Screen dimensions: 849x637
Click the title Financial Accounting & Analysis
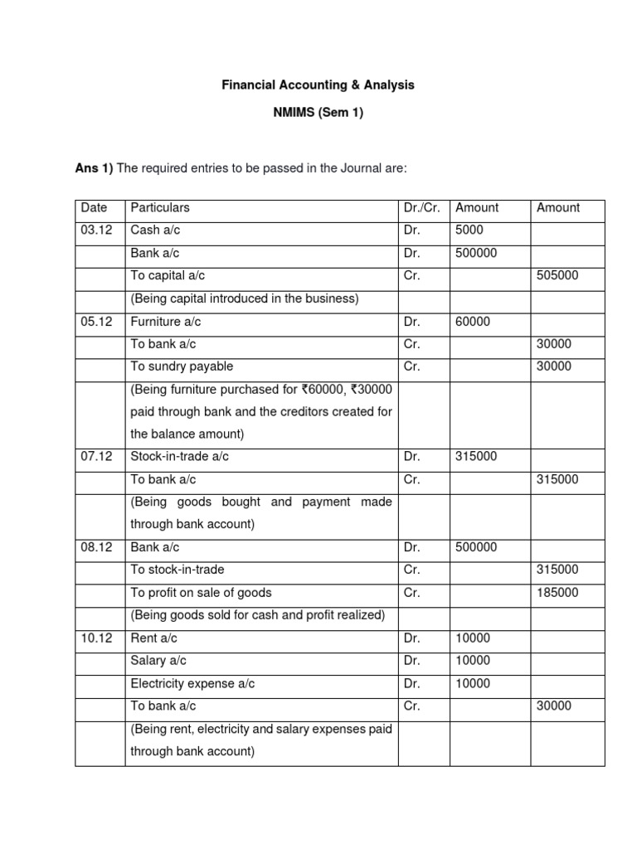point(318,85)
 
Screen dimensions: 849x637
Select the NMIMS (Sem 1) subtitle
point(318,114)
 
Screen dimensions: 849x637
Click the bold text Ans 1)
point(94,168)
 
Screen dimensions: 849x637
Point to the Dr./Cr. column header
point(422,208)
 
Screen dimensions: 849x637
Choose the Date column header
point(94,208)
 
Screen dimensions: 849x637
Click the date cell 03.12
point(96,230)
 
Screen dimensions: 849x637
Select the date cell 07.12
point(96,457)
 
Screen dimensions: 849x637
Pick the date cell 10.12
point(96,638)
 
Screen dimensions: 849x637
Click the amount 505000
point(558,276)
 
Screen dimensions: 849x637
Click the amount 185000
point(558,593)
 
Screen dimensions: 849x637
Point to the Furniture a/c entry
point(166,321)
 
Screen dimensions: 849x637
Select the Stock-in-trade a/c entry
point(179,457)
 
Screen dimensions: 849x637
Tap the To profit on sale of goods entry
point(201,593)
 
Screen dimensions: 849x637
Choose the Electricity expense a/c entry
point(192,684)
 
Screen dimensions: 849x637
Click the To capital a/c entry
point(169,276)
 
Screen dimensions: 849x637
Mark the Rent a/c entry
point(154,638)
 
